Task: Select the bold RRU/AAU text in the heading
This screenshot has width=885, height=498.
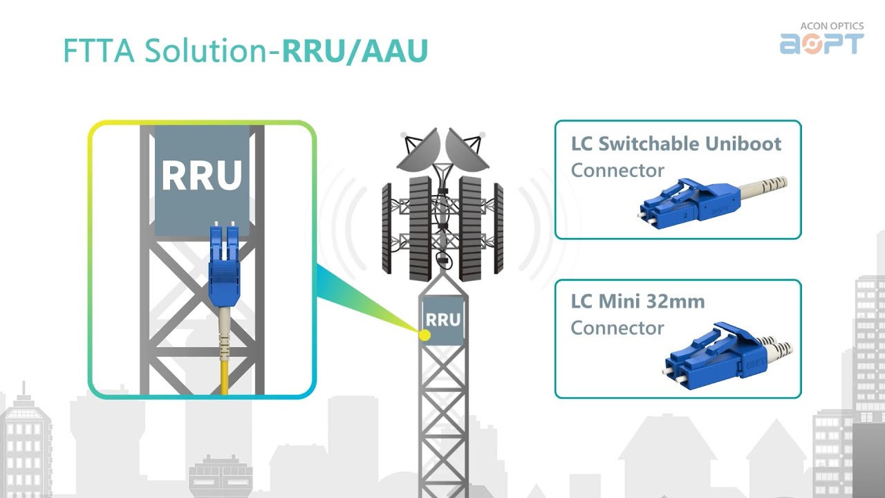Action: click(355, 51)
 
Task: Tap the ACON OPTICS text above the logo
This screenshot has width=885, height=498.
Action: click(832, 26)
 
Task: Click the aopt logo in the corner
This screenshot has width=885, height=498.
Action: click(822, 44)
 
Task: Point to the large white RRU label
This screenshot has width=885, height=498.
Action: click(202, 175)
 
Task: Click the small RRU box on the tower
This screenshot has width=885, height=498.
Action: click(443, 320)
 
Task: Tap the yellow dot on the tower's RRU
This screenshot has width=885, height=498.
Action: click(425, 335)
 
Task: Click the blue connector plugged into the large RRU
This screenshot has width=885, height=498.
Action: click(224, 264)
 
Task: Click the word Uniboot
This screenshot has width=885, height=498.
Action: click(743, 143)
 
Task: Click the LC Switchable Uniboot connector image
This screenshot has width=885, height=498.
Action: click(712, 203)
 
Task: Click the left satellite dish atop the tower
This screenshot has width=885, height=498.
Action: click(419, 151)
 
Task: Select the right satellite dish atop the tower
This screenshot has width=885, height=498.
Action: click(466, 151)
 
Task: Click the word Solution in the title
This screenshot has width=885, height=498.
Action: click(206, 50)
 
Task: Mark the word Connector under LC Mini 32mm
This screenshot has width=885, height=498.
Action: click(617, 328)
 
